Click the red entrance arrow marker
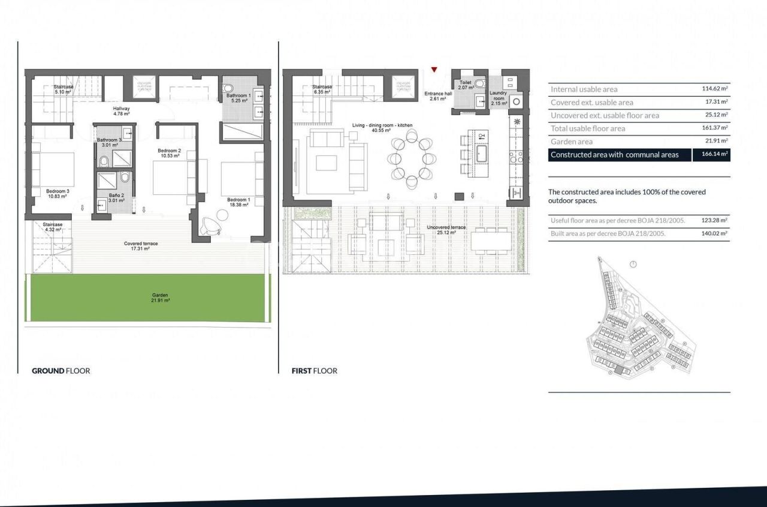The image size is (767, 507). pos(434,70)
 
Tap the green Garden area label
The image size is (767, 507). pos(160,298)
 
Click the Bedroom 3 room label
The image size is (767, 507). pos(58,194)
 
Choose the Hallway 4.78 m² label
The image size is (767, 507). pos(122,111)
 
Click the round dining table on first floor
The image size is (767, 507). pos(411,159)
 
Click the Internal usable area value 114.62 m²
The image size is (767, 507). pos(715,89)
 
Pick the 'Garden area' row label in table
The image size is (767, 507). pos(572,142)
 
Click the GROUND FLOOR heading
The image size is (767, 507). pos(61,371)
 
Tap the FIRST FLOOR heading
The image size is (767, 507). pos(315,371)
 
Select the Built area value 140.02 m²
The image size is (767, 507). pos(715,234)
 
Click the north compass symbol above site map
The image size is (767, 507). pos(633,264)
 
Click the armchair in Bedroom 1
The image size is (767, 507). pos(210,226)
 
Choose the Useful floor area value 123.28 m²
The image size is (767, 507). pos(715,221)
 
